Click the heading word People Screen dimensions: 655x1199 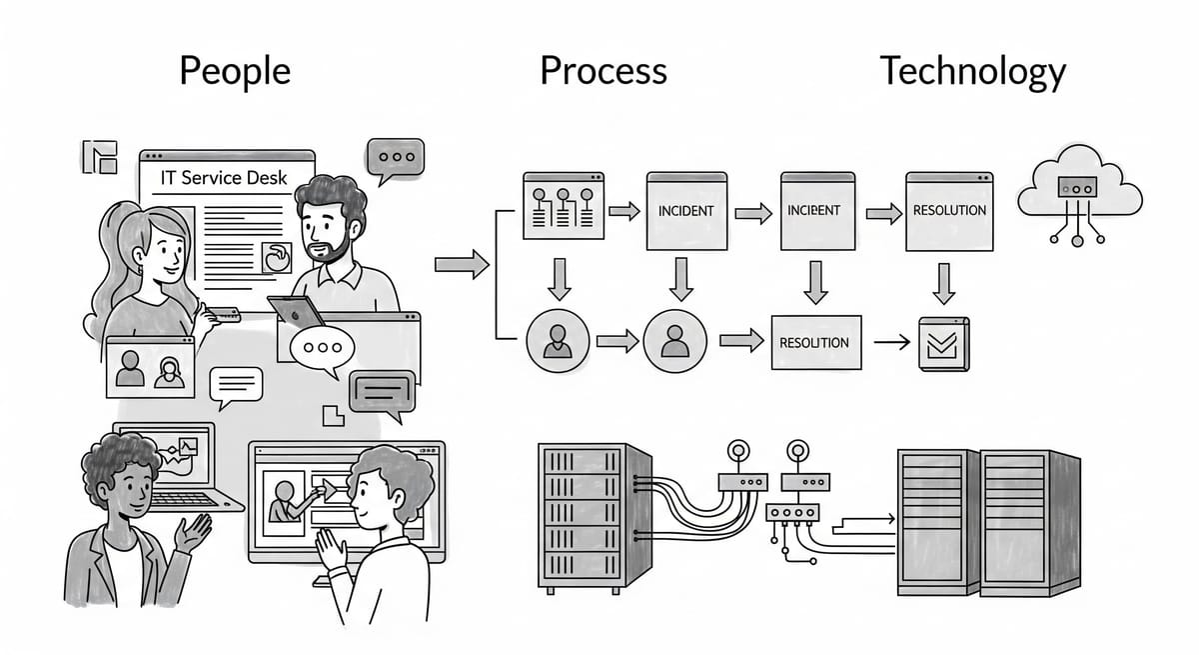click(x=235, y=72)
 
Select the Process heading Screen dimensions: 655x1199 click(x=602, y=72)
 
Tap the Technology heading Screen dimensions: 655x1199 click(x=971, y=72)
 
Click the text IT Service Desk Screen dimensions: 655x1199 click(x=225, y=179)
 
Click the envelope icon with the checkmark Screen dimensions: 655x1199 click(x=942, y=344)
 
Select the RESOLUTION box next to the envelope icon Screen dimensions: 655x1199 click(x=814, y=342)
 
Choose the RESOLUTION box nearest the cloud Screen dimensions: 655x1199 click(x=949, y=211)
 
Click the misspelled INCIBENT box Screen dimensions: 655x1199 click(x=813, y=211)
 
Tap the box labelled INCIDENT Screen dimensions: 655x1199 click(x=685, y=211)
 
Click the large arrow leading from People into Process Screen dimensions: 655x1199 click(x=461, y=265)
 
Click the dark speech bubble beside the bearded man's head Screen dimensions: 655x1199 click(x=395, y=159)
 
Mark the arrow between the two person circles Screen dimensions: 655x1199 click(x=616, y=342)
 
